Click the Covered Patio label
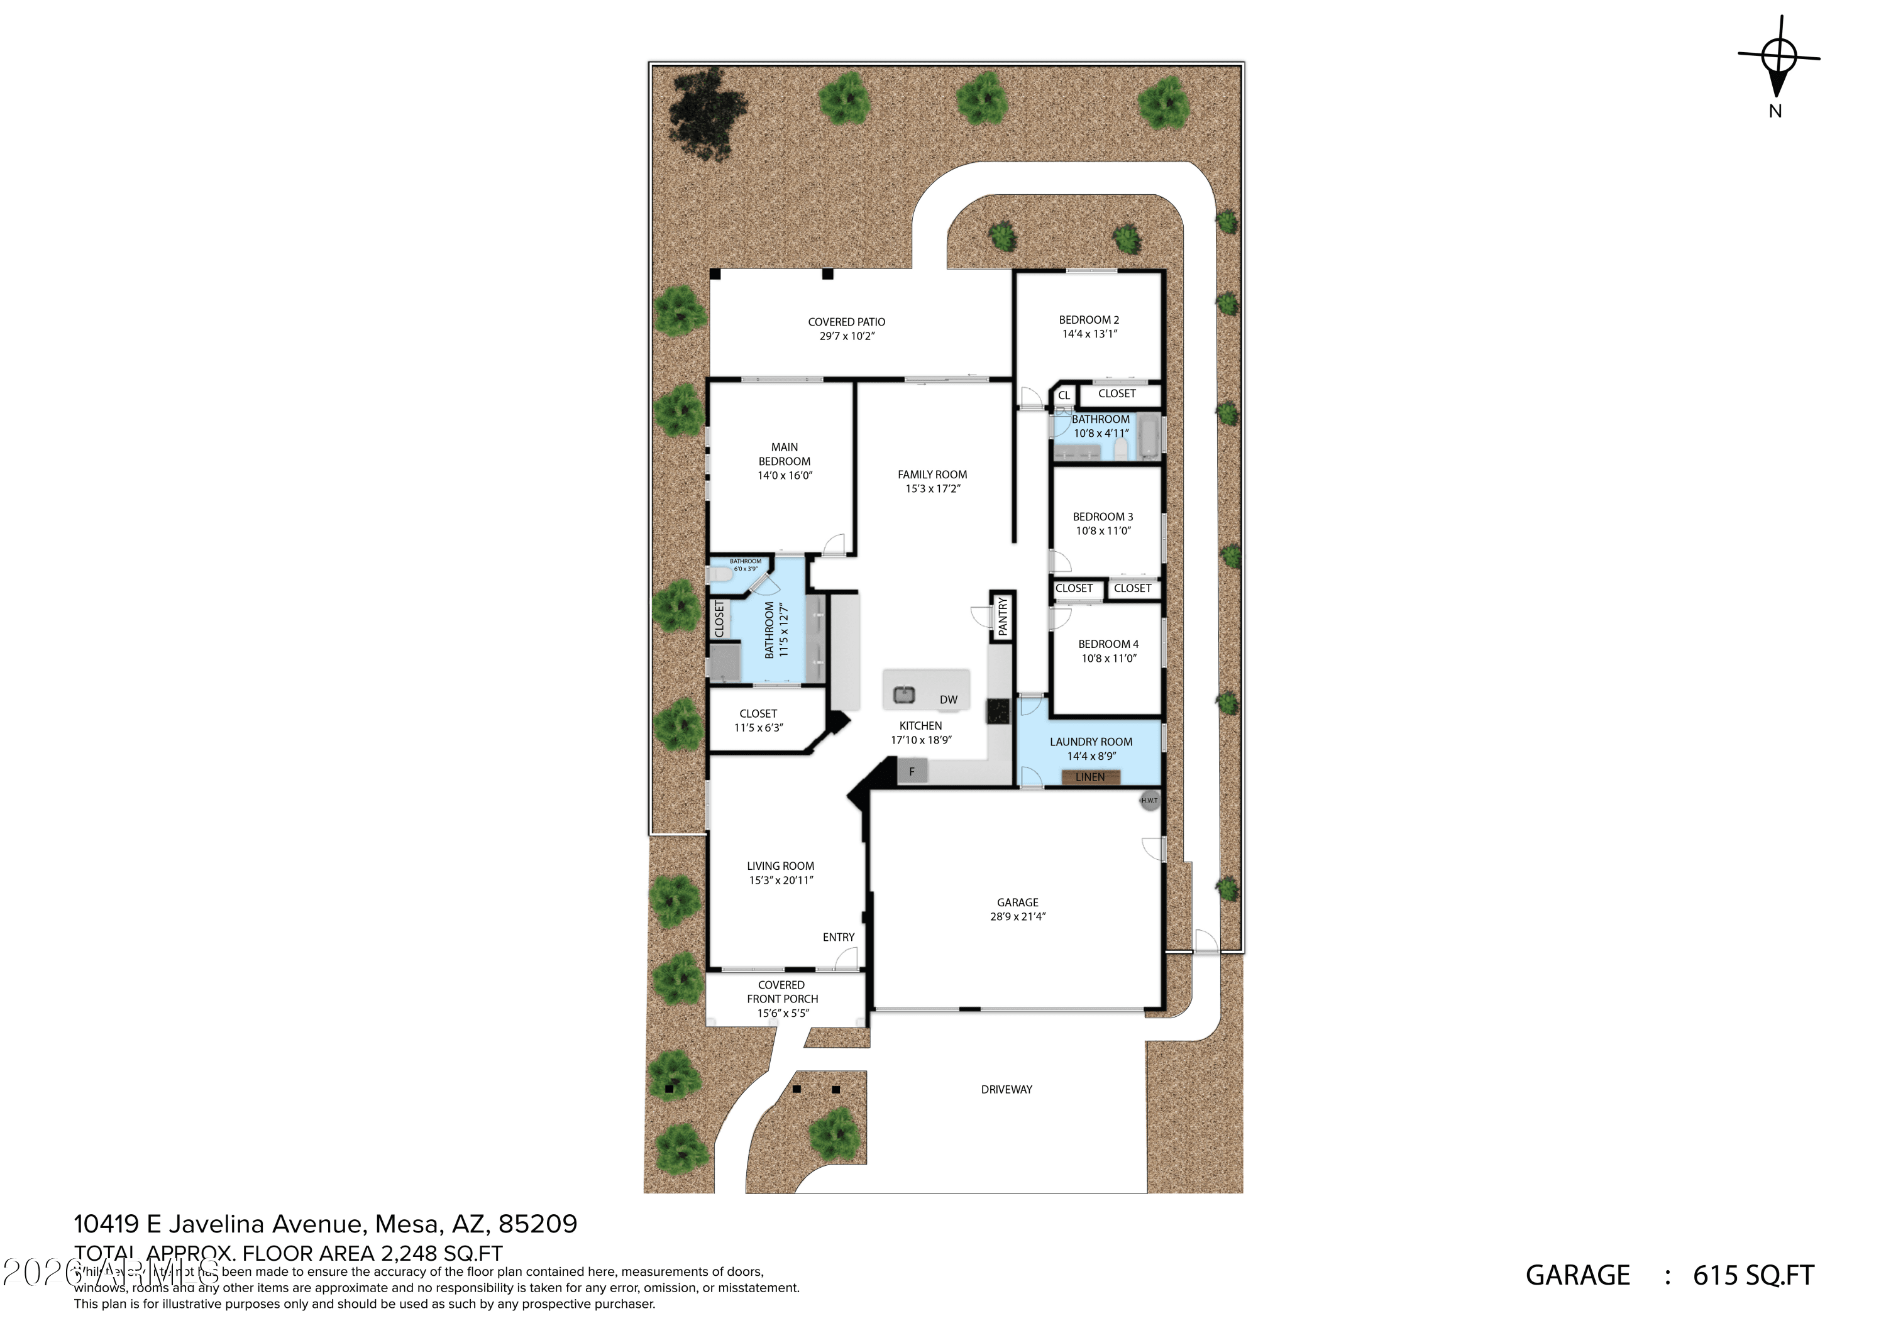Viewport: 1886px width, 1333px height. (846, 322)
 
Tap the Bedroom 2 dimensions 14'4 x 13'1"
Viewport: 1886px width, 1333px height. (1089, 334)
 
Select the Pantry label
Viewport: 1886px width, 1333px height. (1002, 616)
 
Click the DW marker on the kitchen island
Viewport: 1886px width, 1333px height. (948, 699)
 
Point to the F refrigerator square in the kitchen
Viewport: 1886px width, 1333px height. (912, 771)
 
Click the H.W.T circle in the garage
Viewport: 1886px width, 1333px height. (1149, 800)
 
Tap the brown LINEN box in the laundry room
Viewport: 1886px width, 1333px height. (1090, 777)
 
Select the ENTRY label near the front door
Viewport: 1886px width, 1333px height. (839, 937)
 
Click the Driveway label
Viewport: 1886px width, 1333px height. (1006, 1090)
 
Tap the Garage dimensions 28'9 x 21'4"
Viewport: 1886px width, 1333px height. (1018, 916)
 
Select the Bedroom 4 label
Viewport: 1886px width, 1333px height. (1108, 644)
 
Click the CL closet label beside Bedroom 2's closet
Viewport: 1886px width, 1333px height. (1064, 396)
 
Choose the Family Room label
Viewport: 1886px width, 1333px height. (932, 475)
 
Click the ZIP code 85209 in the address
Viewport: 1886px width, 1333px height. (538, 1224)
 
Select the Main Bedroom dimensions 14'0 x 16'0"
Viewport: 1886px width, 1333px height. (785, 476)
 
